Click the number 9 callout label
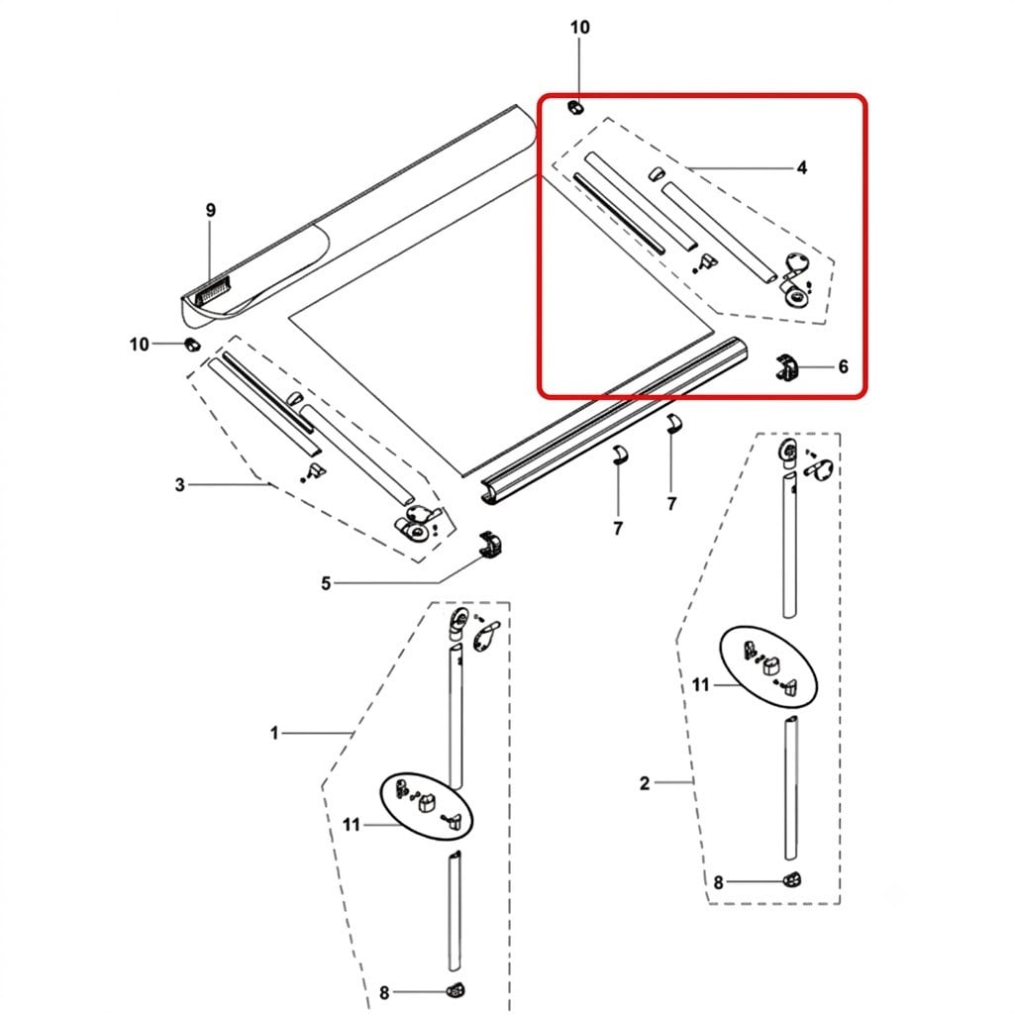tap(211, 210)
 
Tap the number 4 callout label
tap(802, 168)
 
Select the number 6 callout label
tap(844, 366)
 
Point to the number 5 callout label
tap(326, 584)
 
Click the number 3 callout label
tap(180, 484)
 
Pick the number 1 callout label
tap(274, 734)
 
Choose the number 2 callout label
tap(644, 783)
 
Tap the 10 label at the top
tap(579, 27)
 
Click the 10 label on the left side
tap(139, 345)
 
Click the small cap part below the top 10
tap(575, 107)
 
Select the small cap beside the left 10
tap(192, 345)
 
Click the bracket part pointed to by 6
tap(786, 368)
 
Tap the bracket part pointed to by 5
tap(491, 546)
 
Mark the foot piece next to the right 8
tap(793, 879)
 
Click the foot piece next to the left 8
tap(456, 989)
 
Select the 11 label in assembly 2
tap(701, 685)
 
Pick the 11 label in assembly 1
tap(352, 825)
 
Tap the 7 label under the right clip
tap(671, 503)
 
